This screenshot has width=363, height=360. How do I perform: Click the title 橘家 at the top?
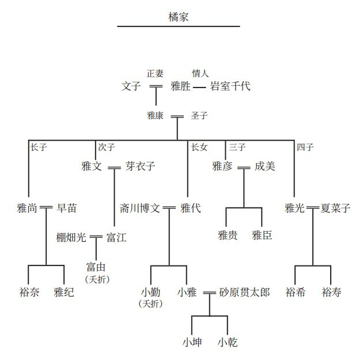coord(178,16)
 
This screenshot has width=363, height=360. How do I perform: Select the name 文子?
coord(131,87)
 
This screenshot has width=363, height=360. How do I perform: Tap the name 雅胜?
coord(180,87)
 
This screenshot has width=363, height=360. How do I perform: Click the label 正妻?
coord(155,73)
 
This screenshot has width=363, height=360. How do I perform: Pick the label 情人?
coord(199,73)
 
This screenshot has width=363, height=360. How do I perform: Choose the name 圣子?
coord(199,116)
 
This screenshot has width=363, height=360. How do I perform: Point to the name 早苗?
coord(66,208)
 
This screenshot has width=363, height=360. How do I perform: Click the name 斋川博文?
coord(140,208)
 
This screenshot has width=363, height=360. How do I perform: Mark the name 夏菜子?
coord(336,208)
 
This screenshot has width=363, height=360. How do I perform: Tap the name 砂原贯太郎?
coord(244,292)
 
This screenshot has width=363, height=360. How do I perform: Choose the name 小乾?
coord(228,342)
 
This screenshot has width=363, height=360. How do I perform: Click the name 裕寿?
coord(331,292)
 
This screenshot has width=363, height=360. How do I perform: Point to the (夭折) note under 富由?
coord(97,279)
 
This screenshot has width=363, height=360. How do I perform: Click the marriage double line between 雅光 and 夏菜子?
coord(313,208)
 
